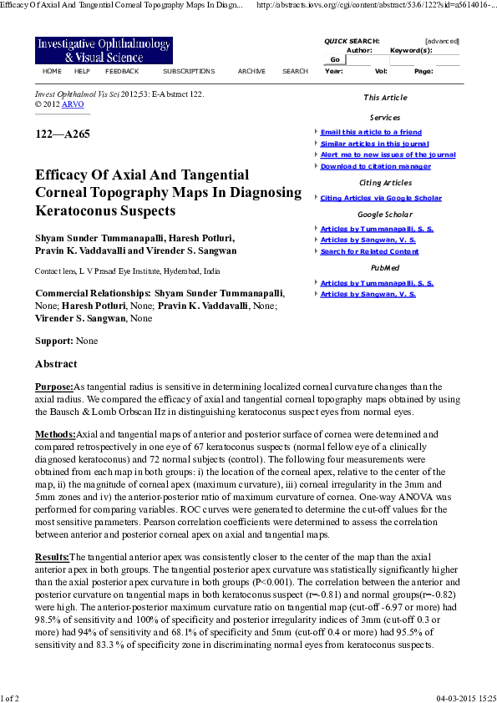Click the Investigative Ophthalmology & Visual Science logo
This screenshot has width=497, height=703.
[104, 51]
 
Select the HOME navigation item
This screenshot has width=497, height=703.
[52, 72]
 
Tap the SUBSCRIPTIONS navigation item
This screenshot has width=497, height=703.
[189, 72]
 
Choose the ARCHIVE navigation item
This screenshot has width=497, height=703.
[251, 72]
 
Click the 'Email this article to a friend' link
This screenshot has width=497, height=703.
[371, 132]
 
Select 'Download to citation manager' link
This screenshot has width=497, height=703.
[375, 166]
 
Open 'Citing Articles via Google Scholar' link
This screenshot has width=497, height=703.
[381, 198]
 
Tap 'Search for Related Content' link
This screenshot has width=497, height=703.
[369, 251]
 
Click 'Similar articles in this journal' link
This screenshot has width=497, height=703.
[374, 144]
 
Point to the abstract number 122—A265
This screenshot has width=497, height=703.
[63, 134]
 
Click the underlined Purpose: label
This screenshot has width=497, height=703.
[54, 387]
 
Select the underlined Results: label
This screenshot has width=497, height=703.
[52, 557]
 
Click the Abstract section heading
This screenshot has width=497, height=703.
[56, 364]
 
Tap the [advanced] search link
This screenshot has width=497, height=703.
[442, 41]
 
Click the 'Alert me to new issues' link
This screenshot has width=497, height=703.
[388, 154]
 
